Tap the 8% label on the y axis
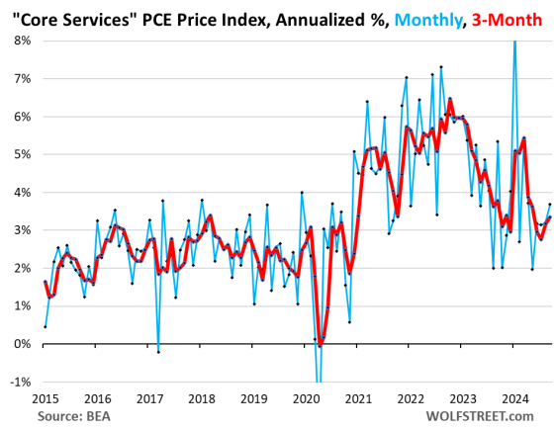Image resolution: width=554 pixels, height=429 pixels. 20,41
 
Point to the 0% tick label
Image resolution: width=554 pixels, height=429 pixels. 20,343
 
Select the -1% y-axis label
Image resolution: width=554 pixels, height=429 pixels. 18,382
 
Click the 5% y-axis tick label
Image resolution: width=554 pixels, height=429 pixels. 20,154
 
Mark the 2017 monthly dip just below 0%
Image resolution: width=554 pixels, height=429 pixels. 157,351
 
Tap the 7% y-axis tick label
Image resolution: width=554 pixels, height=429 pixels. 20,78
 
